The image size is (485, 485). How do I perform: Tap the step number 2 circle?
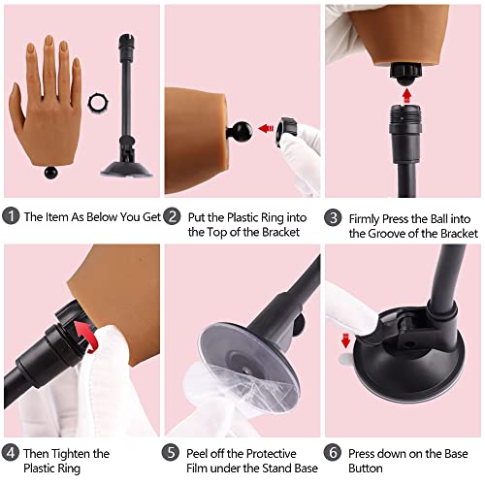click(172, 217)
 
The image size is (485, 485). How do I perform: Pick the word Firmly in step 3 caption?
click(370, 217)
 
